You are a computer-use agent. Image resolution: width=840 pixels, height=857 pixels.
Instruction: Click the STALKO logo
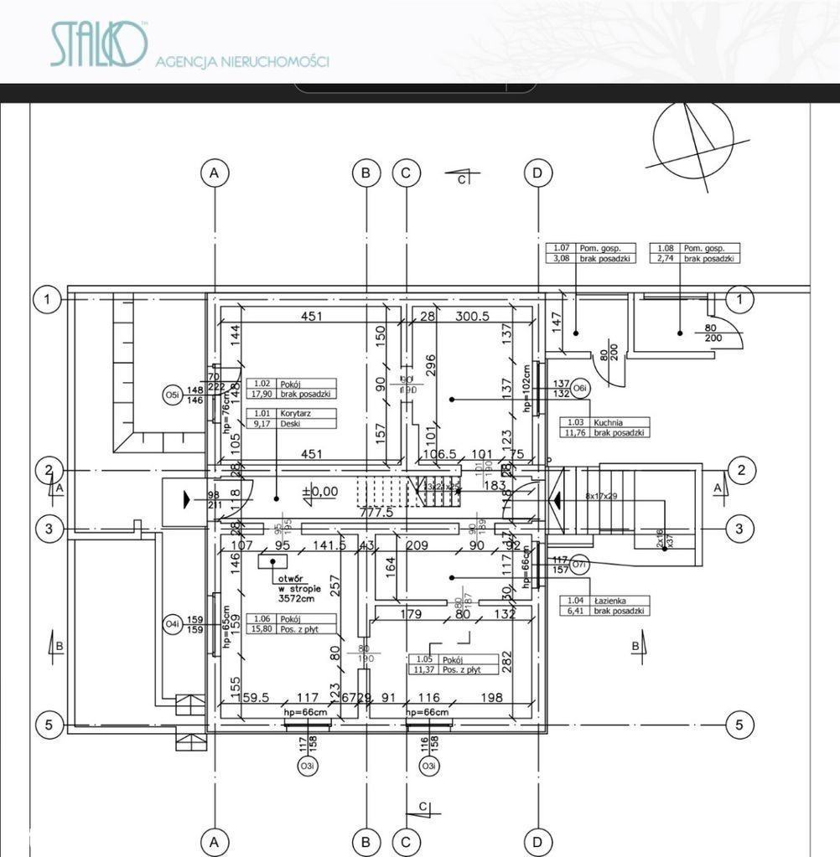(x=99, y=45)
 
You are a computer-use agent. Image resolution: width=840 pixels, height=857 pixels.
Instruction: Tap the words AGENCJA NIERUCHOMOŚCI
(x=242, y=61)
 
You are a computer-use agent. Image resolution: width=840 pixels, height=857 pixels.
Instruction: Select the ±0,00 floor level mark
(x=319, y=492)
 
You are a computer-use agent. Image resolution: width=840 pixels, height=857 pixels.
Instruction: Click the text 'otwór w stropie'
(x=297, y=592)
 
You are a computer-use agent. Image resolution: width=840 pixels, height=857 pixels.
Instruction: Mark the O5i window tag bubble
(x=172, y=395)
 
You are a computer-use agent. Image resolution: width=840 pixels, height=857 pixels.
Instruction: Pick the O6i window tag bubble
(x=580, y=388)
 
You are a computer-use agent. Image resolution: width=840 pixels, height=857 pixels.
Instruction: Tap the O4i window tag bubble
(x=171, y=624)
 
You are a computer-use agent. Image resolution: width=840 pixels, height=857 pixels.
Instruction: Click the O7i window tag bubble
(x=579, y=565)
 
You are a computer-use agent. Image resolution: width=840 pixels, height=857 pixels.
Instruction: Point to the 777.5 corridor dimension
(x=376, y=512)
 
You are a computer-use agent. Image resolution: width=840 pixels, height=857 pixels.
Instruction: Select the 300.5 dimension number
(x=472, y=317)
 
